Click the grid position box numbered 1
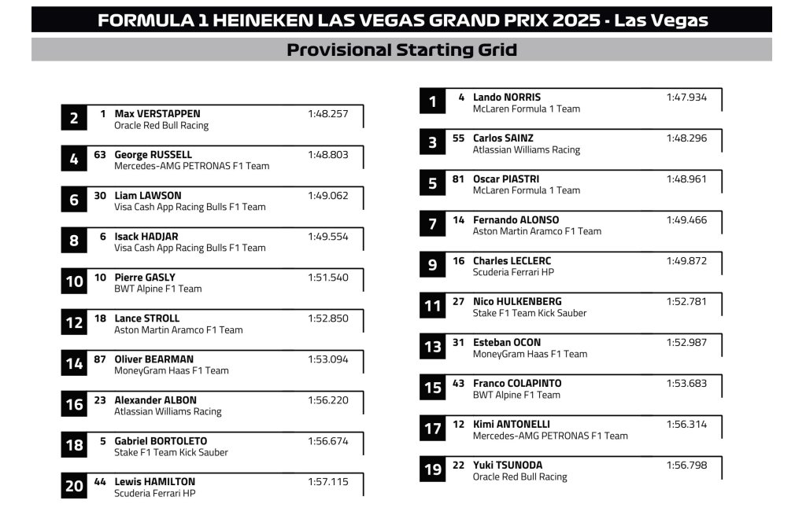[432, 101]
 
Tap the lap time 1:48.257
[327, 114]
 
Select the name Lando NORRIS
[507, 98]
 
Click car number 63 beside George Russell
[100, 155]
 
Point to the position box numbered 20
[74, 486]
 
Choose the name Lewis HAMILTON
[154, 482]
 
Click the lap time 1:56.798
[686, 466]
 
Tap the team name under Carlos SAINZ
[526, 149]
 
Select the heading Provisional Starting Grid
[401, 50]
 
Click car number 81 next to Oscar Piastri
[459, 179]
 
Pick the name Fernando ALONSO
[516, 220]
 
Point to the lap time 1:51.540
[327, 278]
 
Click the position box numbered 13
[432, 347]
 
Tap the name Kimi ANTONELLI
[512, 425]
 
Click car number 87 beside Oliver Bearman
[100, 359]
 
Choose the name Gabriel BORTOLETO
[161, 441]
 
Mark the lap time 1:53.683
[686, 384]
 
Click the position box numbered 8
[74, 241]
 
